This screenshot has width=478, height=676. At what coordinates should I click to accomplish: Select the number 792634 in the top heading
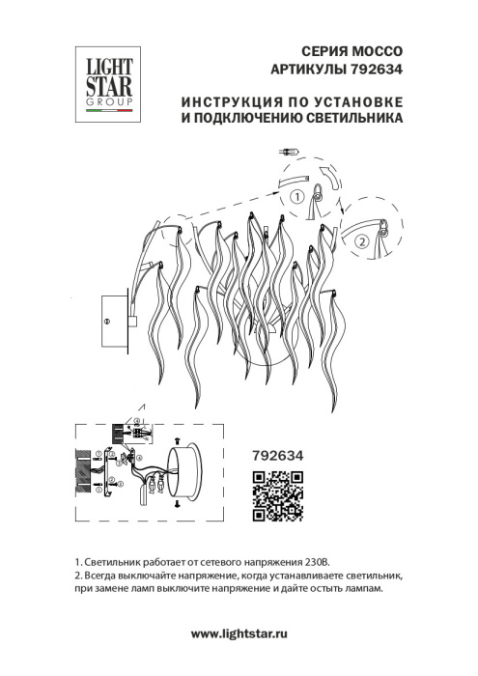[376, 69]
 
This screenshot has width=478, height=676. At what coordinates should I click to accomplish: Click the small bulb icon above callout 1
[289, 152]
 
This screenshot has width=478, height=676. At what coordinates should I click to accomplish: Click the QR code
[278, 493]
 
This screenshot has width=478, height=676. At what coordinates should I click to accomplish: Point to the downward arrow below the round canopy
[176, 504]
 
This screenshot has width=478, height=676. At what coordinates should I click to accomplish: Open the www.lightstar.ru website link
[239, 634]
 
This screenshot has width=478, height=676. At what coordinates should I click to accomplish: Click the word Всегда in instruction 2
[101, 576]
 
